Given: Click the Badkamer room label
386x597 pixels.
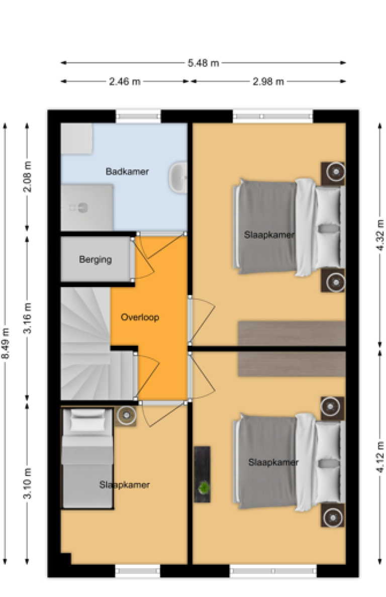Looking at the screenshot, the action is pos(127,171).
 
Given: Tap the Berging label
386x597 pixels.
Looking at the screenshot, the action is pos(95,260).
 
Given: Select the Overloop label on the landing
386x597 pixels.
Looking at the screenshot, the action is pos(140,317).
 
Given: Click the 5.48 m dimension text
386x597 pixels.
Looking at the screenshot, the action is pos(203,63).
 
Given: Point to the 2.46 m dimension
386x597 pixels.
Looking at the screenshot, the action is pos(125,81).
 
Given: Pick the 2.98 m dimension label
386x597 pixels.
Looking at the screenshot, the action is pos(268,81).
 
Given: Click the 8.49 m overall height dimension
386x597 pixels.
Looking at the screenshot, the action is pos(6,343).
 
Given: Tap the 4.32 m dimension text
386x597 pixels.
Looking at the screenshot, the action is pos(379,235).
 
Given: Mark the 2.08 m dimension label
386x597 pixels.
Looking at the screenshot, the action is pos(28,177).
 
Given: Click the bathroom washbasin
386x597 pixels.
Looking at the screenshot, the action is pos(178,178).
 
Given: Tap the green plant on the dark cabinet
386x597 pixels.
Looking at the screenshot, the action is pos(204,487).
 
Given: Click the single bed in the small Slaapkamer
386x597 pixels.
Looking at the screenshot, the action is pos(87,458).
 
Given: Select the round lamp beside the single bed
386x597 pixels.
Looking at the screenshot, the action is pos(126,416).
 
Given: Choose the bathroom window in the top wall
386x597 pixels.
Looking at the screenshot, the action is pos(138,116).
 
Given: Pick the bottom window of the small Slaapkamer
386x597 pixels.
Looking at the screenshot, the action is pos(138,571).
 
